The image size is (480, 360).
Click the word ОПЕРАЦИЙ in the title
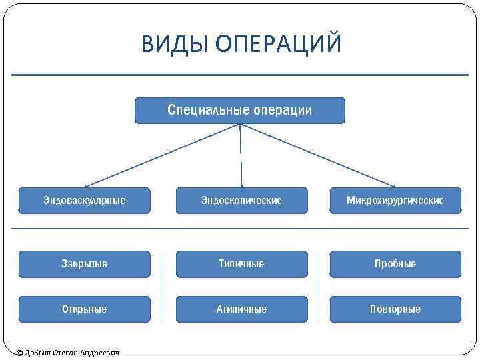coord(279,44)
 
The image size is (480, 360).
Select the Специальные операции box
coord(240,111)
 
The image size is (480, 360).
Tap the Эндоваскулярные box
coord(84,200)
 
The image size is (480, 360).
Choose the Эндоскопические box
coord(241,200)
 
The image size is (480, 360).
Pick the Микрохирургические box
coord(395,200)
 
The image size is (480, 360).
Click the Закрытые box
coord(84,264)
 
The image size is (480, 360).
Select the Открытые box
coord(84,309)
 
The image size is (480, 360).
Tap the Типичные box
coord(241,264)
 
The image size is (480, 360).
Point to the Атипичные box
coord(241,309)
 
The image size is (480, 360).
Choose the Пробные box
coord(395,264)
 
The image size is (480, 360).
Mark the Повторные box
coord(395,309)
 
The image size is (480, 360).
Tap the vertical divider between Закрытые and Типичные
coord(162,287)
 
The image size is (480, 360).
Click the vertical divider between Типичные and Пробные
coord(319,287)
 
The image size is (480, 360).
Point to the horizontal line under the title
coord(240,75)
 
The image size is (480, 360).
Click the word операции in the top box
coord(283,110)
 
